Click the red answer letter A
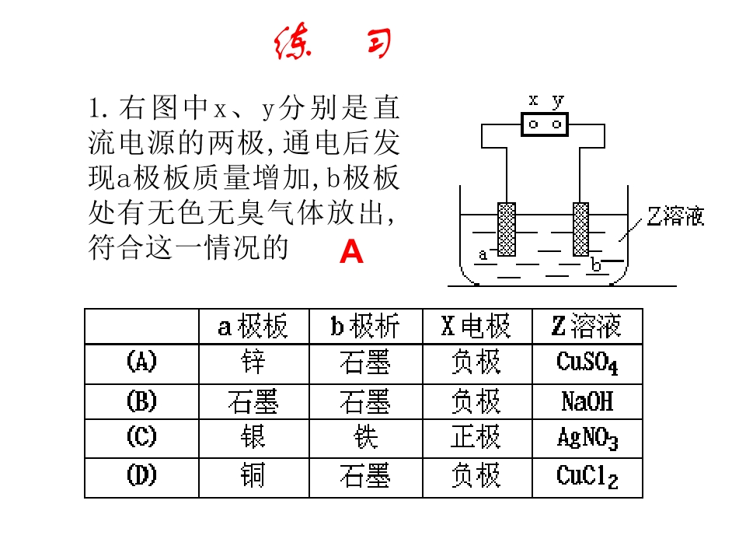pyautogui.click(x=351, y=251)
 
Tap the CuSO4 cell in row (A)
pyautogui.click(x=587, y=363)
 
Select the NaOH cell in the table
pyautogui.click(x=587, y=401)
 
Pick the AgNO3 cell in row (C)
pyautogui.click(x=587, y=438)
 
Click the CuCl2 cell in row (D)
pyautogui.click(x=587, y=477)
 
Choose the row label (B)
pyautogui.click(x=141, y=401)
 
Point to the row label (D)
pyautogui.click(x=141, y=476)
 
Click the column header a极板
pyautogui.click(x=253, y=326)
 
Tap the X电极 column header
pyautogui.click(x=476, y=326)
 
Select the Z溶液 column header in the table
pyautogui.click(x=587, y=326)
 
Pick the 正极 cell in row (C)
pyautogui.click(x=476, y=437)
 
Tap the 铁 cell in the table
pyautogui.click(x=365, y=437)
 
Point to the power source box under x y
pyautogui.click(x=545, y=124)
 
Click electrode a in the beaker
pyautogui.click(x=506, y=229)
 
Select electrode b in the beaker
pyautogui.click(x=581, y=229)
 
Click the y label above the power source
pyautogui.click(x=558, y=100)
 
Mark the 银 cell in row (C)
pyautogui.click(x=253, y=437)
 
